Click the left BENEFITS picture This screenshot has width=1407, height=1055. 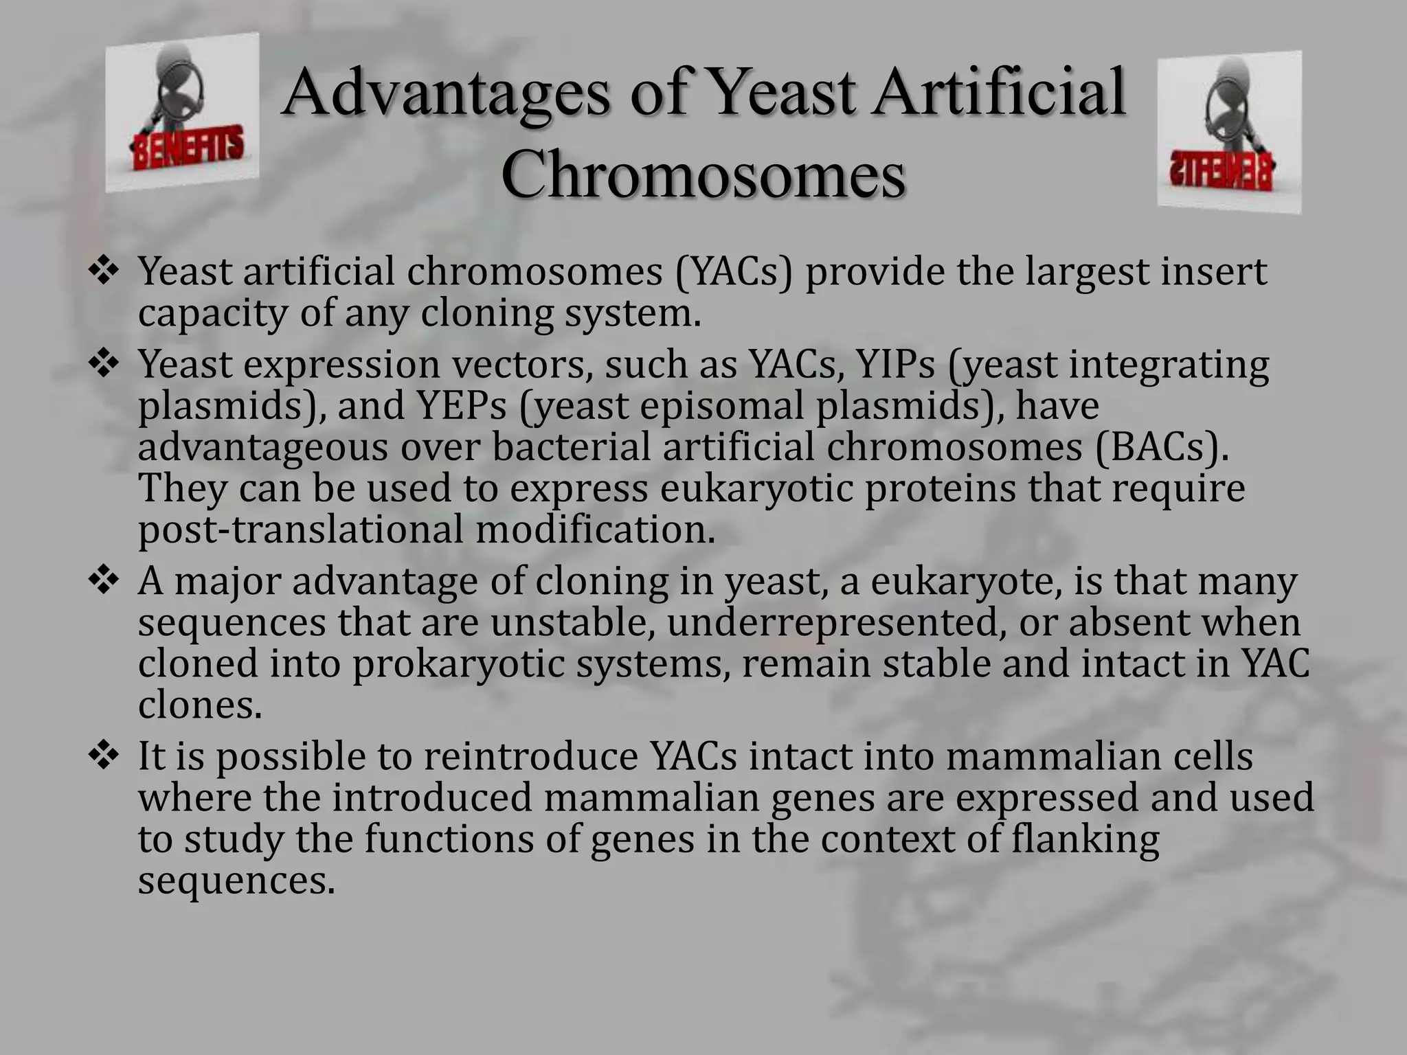point(182,113)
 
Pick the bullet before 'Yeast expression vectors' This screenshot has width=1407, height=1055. point(104,365)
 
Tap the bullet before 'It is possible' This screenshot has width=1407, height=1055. point(104,757)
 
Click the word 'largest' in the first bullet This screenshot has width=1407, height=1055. point(1088,273)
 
